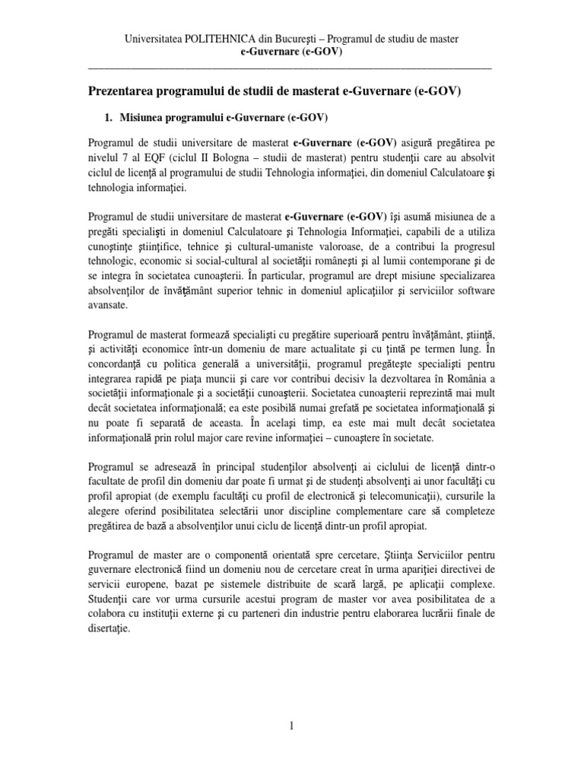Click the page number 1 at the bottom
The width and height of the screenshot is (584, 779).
[x=291, y=727]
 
